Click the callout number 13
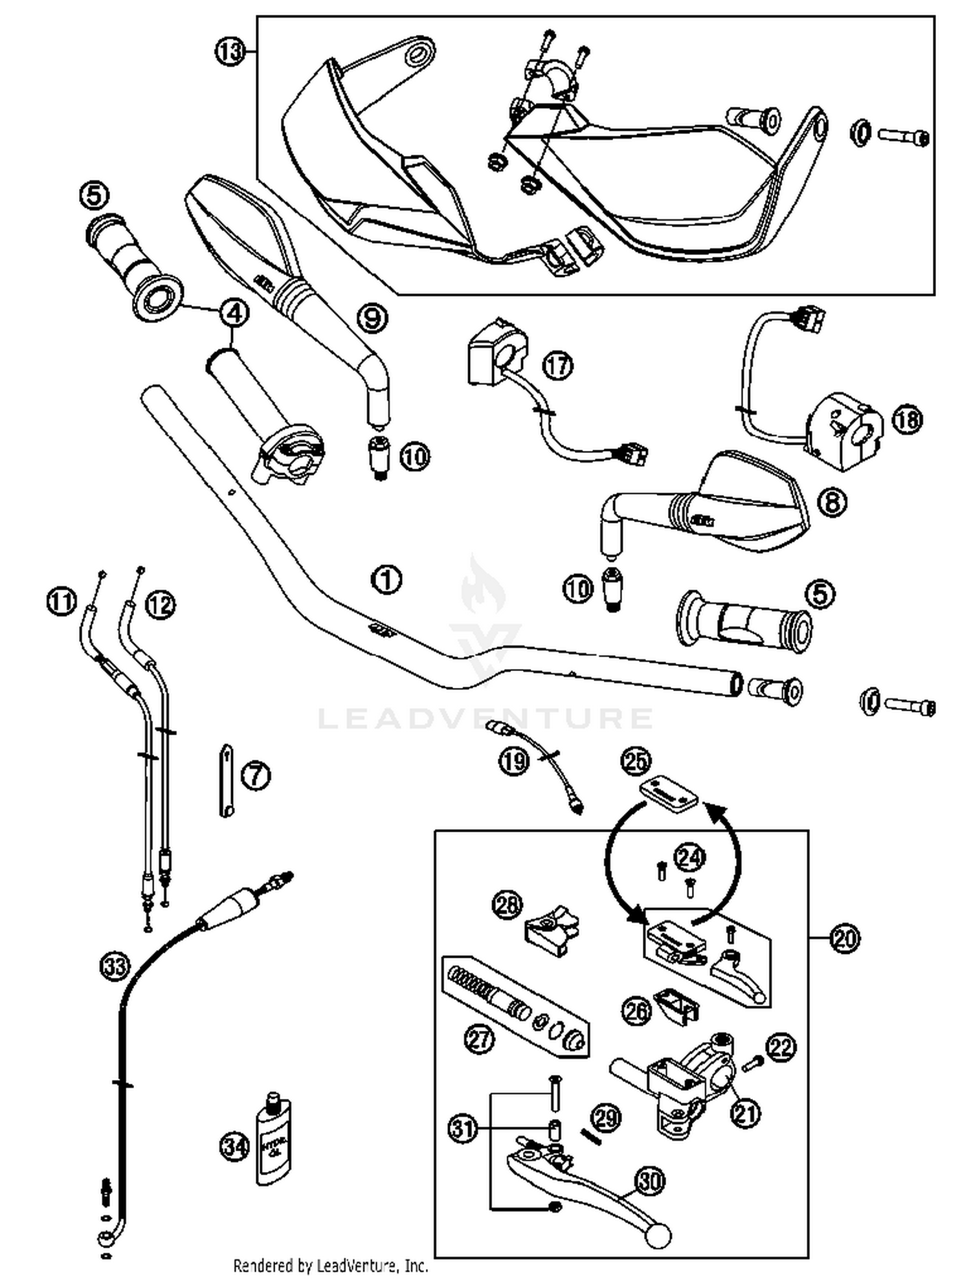coord(229,52)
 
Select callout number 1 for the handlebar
coord(386,579)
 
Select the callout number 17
coord(557,366)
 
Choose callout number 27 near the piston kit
coord(480,1040)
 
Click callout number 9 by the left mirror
coord(373,318)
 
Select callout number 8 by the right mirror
coord(832,501)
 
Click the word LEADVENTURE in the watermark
coord(485,718)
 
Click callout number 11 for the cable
coord(61,602)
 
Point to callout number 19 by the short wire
coord(515,761)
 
